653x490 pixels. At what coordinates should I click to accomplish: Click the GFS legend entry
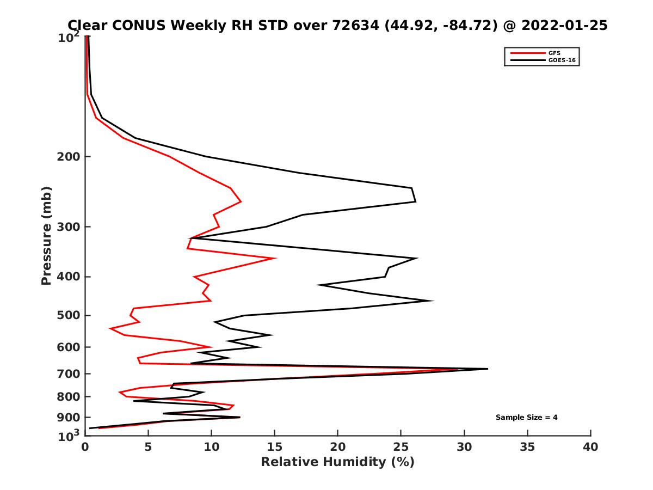556,53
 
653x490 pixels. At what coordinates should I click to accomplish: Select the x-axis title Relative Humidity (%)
337,462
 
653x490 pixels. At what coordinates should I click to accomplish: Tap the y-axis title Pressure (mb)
46,235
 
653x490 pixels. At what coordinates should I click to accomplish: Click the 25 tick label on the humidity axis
401,448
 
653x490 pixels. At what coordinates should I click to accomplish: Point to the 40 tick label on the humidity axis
590,448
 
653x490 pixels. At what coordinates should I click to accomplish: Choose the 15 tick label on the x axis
275,448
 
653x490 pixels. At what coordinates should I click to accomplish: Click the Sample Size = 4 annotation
526,418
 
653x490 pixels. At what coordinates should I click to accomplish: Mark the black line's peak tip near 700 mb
488,369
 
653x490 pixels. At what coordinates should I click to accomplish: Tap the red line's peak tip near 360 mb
276,258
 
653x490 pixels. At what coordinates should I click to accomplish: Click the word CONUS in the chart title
130,26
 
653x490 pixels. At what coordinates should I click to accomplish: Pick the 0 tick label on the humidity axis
85,448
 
